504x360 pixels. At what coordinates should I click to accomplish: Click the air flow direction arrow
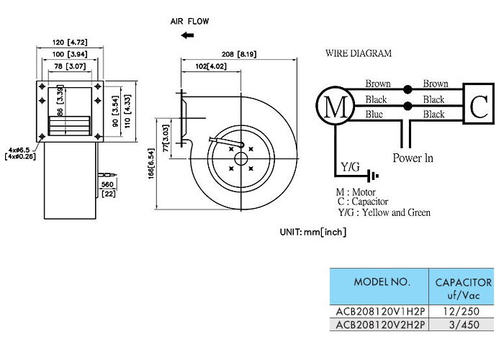click(187, 35)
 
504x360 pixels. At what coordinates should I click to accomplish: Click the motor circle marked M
click(336, 106)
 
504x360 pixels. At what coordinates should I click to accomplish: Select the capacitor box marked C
click(478, 104)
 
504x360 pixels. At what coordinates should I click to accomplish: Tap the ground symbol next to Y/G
click(374, 176)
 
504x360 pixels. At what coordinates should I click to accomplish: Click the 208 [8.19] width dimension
click(239, 54)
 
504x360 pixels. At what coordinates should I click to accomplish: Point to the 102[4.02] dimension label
click(211, 66)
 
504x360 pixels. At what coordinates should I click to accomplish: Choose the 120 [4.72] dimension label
click(70, 42)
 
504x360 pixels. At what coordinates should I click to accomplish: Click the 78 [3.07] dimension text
click(70, 66)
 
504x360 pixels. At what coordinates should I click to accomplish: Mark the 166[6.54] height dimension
click(151, 163)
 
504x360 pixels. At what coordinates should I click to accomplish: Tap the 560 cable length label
click(107, 184)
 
